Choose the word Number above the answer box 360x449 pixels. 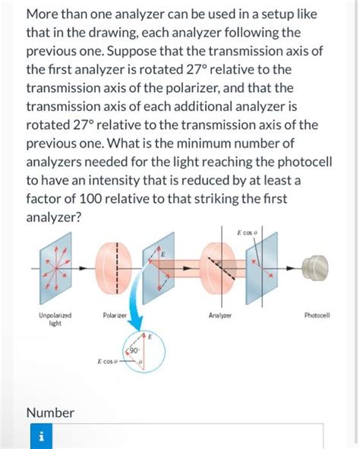(x=50, y=413)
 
